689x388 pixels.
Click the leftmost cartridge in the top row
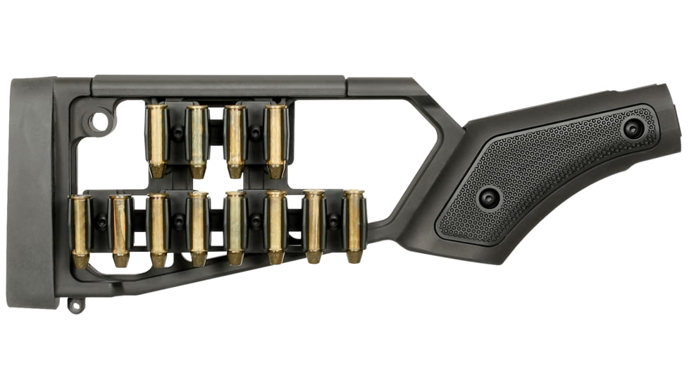(157, 140)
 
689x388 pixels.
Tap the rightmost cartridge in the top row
(276, 140)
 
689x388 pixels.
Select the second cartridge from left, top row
(197, 140)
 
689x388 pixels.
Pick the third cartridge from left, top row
(236, 140)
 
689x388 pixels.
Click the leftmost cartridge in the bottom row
(80, 230)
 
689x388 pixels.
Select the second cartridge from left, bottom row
(120, 230)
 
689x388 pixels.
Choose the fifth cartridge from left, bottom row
(235, 228)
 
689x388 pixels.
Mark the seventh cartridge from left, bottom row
(314, 226)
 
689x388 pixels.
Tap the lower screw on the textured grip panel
(489, 197)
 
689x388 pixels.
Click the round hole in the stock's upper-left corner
(100, 122)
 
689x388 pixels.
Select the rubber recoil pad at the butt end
(32, 190)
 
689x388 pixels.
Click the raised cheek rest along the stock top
(218, 85)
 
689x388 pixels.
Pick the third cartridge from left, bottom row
(159, 230)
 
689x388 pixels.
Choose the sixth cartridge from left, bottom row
(275, 228)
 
